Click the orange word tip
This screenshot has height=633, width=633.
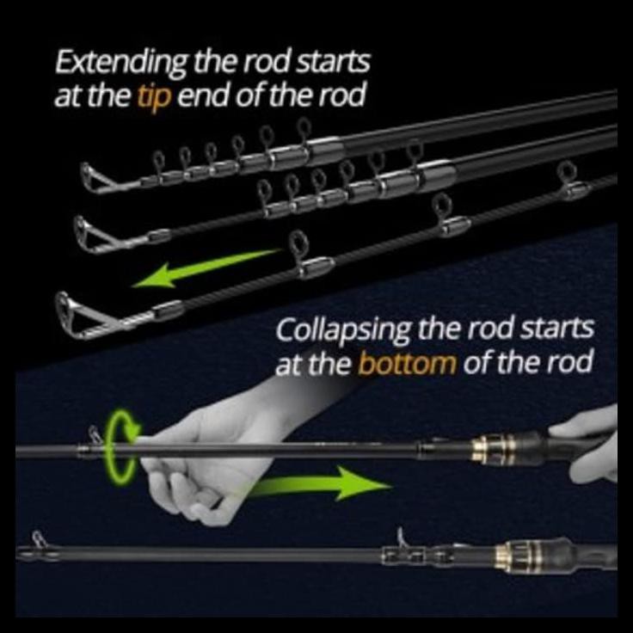point(156,95)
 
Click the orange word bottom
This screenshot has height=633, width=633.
point(407,363)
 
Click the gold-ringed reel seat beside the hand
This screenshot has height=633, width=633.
point(495,449)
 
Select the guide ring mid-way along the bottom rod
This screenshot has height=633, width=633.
point(401,540)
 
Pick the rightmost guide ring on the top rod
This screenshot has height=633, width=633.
point(304,130)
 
